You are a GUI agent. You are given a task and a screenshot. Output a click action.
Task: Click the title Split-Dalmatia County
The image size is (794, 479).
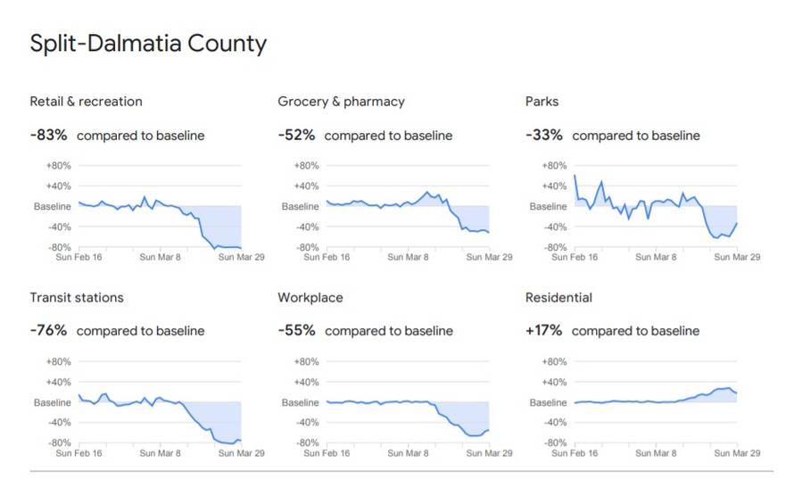coord(148,44)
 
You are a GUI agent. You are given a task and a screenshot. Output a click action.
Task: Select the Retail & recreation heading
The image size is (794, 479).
coord(86,102)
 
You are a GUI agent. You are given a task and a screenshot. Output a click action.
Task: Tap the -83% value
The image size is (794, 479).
coord(49,136)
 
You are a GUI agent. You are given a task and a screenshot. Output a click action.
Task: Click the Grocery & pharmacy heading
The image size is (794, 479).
coord(341,102)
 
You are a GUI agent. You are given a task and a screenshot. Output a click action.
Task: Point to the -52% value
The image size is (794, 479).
coord(296,136)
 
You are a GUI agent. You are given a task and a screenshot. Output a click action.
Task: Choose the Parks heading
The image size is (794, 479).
coord(542,102)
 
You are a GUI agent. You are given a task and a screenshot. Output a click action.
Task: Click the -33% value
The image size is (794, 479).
coord(544,136)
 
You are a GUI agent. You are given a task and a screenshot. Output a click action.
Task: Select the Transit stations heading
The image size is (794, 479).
coord(77,297)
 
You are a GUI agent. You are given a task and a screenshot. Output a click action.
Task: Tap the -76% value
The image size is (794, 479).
coord(49,331)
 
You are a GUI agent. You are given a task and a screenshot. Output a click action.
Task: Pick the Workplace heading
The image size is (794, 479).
coord(310,297)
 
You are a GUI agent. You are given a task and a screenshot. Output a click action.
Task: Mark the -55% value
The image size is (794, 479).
coord(296,331)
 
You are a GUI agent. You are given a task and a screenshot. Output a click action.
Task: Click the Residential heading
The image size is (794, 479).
coord(558,297)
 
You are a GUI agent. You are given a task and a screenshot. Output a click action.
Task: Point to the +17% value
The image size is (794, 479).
coord(544,331)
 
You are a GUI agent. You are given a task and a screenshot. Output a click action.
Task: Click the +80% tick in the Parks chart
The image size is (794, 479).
coord(554,166)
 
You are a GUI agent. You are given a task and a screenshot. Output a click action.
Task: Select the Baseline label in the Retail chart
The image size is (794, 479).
coord(52,206)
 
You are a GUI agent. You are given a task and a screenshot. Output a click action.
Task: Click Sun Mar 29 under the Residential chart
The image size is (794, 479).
coord(737,453)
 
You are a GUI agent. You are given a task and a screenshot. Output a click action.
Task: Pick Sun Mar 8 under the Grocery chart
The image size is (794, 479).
coord(409,257)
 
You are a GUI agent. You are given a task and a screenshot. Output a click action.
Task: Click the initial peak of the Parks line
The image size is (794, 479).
coord(575,176)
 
